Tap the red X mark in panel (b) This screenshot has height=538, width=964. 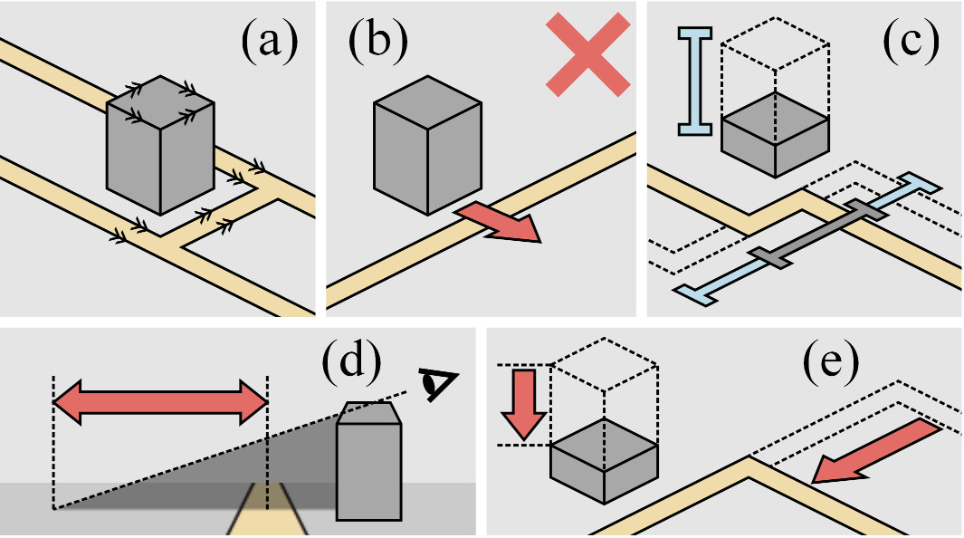587,53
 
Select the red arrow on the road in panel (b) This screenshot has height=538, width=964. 498,223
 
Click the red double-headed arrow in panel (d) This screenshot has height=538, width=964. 160,402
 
